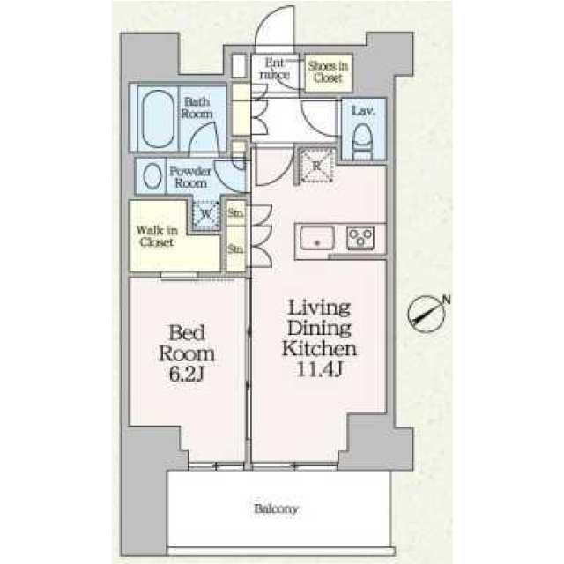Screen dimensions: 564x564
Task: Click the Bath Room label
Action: pos(197,108)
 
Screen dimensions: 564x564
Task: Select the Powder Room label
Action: pos(190,176)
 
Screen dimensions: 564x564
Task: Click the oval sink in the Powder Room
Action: pos(151,174)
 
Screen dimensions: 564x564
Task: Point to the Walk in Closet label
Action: pos(155,236)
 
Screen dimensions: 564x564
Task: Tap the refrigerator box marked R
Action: pos(316,165)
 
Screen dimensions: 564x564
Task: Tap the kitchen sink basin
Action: pos(314,238)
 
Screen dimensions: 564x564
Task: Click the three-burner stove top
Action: pos(360,237)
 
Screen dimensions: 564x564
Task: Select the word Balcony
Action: pos(277,509)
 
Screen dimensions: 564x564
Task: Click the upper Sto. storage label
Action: pos(235,213)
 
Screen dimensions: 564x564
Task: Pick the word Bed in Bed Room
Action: pos(187,334)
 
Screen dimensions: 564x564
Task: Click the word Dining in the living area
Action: pos(320,327)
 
